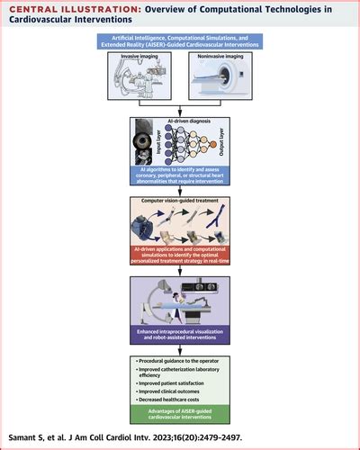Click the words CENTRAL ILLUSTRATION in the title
(63, 10)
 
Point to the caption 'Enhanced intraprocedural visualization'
(180, 333)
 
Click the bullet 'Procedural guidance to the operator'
(177, 360)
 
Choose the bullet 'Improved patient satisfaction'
(170, 382)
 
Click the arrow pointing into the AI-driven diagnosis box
(180, 108)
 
